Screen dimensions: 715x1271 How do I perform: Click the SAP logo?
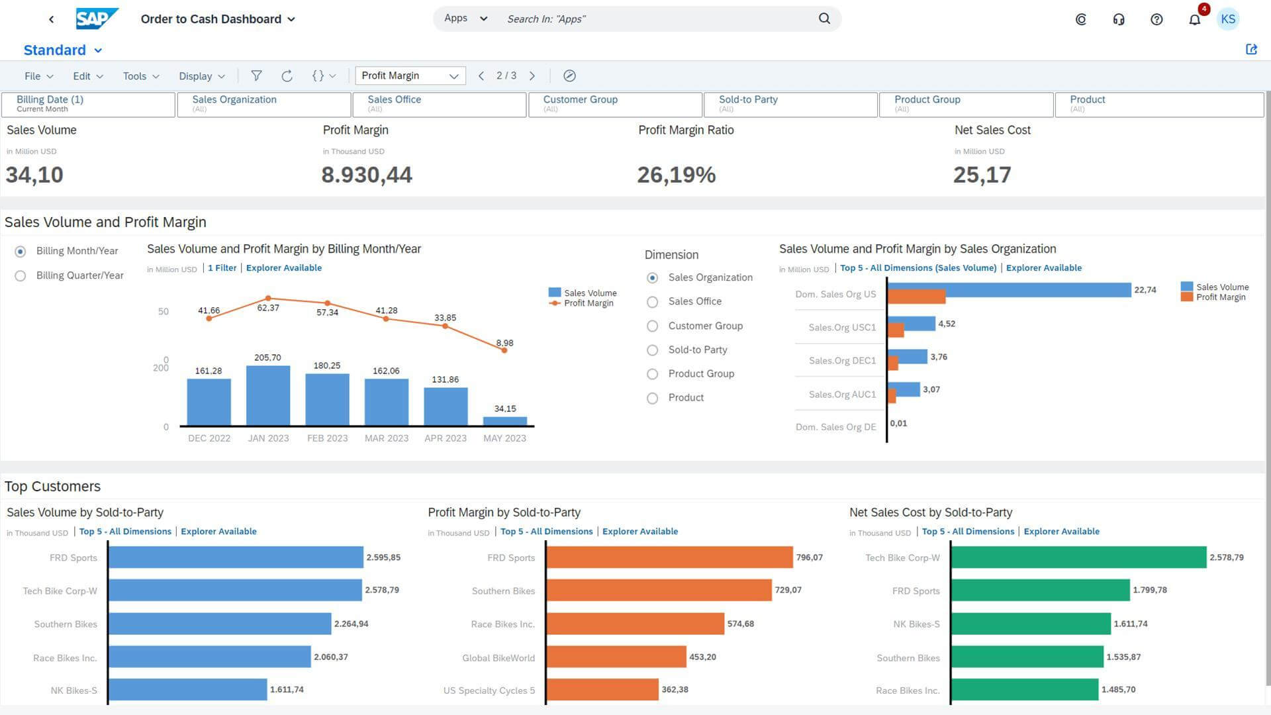click(x=97, y=19)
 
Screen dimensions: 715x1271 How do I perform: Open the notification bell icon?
click(x=1194, y=19)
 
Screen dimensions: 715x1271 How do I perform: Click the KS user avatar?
click(x=1228, y=19)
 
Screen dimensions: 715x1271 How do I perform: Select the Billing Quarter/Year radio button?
click(x=21, y=275)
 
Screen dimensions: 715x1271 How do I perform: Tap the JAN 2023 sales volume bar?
click(x=267, y=396)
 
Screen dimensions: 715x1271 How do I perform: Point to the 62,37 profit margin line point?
click(x=268, y=299)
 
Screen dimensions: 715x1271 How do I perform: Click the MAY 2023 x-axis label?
click(x=504, y=438)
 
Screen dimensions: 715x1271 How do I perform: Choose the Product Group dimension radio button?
click(x=652, y=374)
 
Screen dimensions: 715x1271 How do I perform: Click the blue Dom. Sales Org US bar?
click(x=1009, y=289)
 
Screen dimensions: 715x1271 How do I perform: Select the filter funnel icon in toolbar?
click(x=256, y=76)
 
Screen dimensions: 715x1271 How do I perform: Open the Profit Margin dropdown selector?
click(x=410, y=76)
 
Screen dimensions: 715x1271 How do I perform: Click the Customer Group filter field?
click(x=615, y=104)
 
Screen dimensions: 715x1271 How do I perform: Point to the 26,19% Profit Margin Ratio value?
click(x=676, y=175)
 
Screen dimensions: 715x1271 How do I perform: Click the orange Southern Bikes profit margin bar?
click(x=659, y=591)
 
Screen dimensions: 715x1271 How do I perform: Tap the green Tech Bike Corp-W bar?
click(x=1078, y=557)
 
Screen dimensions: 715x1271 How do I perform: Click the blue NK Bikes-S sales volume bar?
click(x=187, y=690)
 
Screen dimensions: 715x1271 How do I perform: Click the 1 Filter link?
click(x=222, y=268)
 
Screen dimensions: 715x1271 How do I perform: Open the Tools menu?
click(x=140, y=76)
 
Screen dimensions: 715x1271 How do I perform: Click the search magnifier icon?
click(x=824, y=19)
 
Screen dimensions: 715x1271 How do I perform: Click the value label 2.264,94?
click(x=351, y=624)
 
